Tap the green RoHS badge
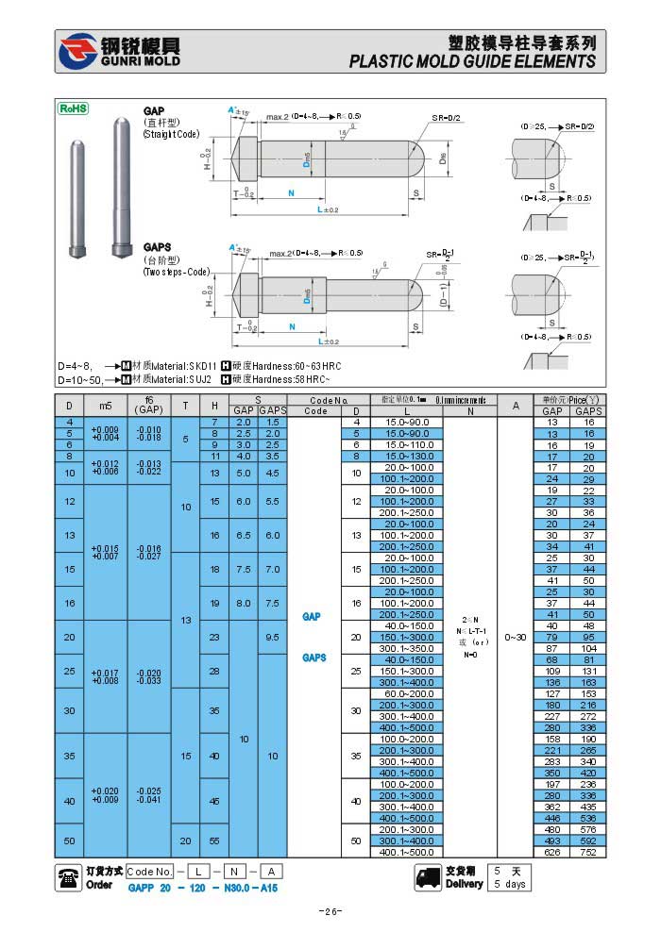[x=73, y=108]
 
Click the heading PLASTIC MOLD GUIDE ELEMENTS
[x=472, y=61]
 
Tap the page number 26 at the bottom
[x=330, y=911]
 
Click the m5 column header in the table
[x=105, y=405]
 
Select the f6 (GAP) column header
[x=148, y=405]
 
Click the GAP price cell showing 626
[x=552, y=852]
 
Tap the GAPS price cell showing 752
[x=588, y=852]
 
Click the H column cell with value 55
[x=214, y=840]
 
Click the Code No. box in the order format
[x=149, y=872]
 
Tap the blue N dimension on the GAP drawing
[x=290, y=191]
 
